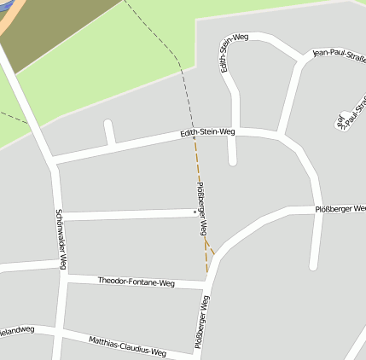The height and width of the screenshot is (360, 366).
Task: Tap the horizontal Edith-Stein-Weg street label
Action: point(207,132)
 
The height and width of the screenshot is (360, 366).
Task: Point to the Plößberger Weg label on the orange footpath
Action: point(202,210)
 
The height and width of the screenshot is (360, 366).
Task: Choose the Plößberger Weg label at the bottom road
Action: point(203,327)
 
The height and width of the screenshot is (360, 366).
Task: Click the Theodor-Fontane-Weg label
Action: point(137,281)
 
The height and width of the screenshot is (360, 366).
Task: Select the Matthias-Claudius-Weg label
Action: point(127,345)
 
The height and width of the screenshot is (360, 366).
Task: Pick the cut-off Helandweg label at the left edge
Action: point(16,330)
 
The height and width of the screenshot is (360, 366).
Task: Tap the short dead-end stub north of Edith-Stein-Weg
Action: point(108,131)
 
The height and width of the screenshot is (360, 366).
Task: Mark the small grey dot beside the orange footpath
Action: point(194,209)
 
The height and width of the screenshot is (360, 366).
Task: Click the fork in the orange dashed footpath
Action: point(206,243)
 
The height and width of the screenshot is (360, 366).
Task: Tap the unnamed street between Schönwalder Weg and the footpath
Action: point(128,213)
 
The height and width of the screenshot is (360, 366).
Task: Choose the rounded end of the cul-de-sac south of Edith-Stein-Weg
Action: point(232,160)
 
